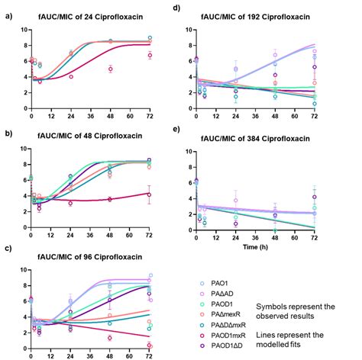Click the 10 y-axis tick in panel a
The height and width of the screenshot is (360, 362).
pyautogui.click(x=23, y=30)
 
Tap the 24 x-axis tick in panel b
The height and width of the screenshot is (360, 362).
pyautogui.click(x=71, y=235)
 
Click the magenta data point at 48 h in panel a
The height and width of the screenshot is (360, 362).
pyautogui.click(x=111, y=69)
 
